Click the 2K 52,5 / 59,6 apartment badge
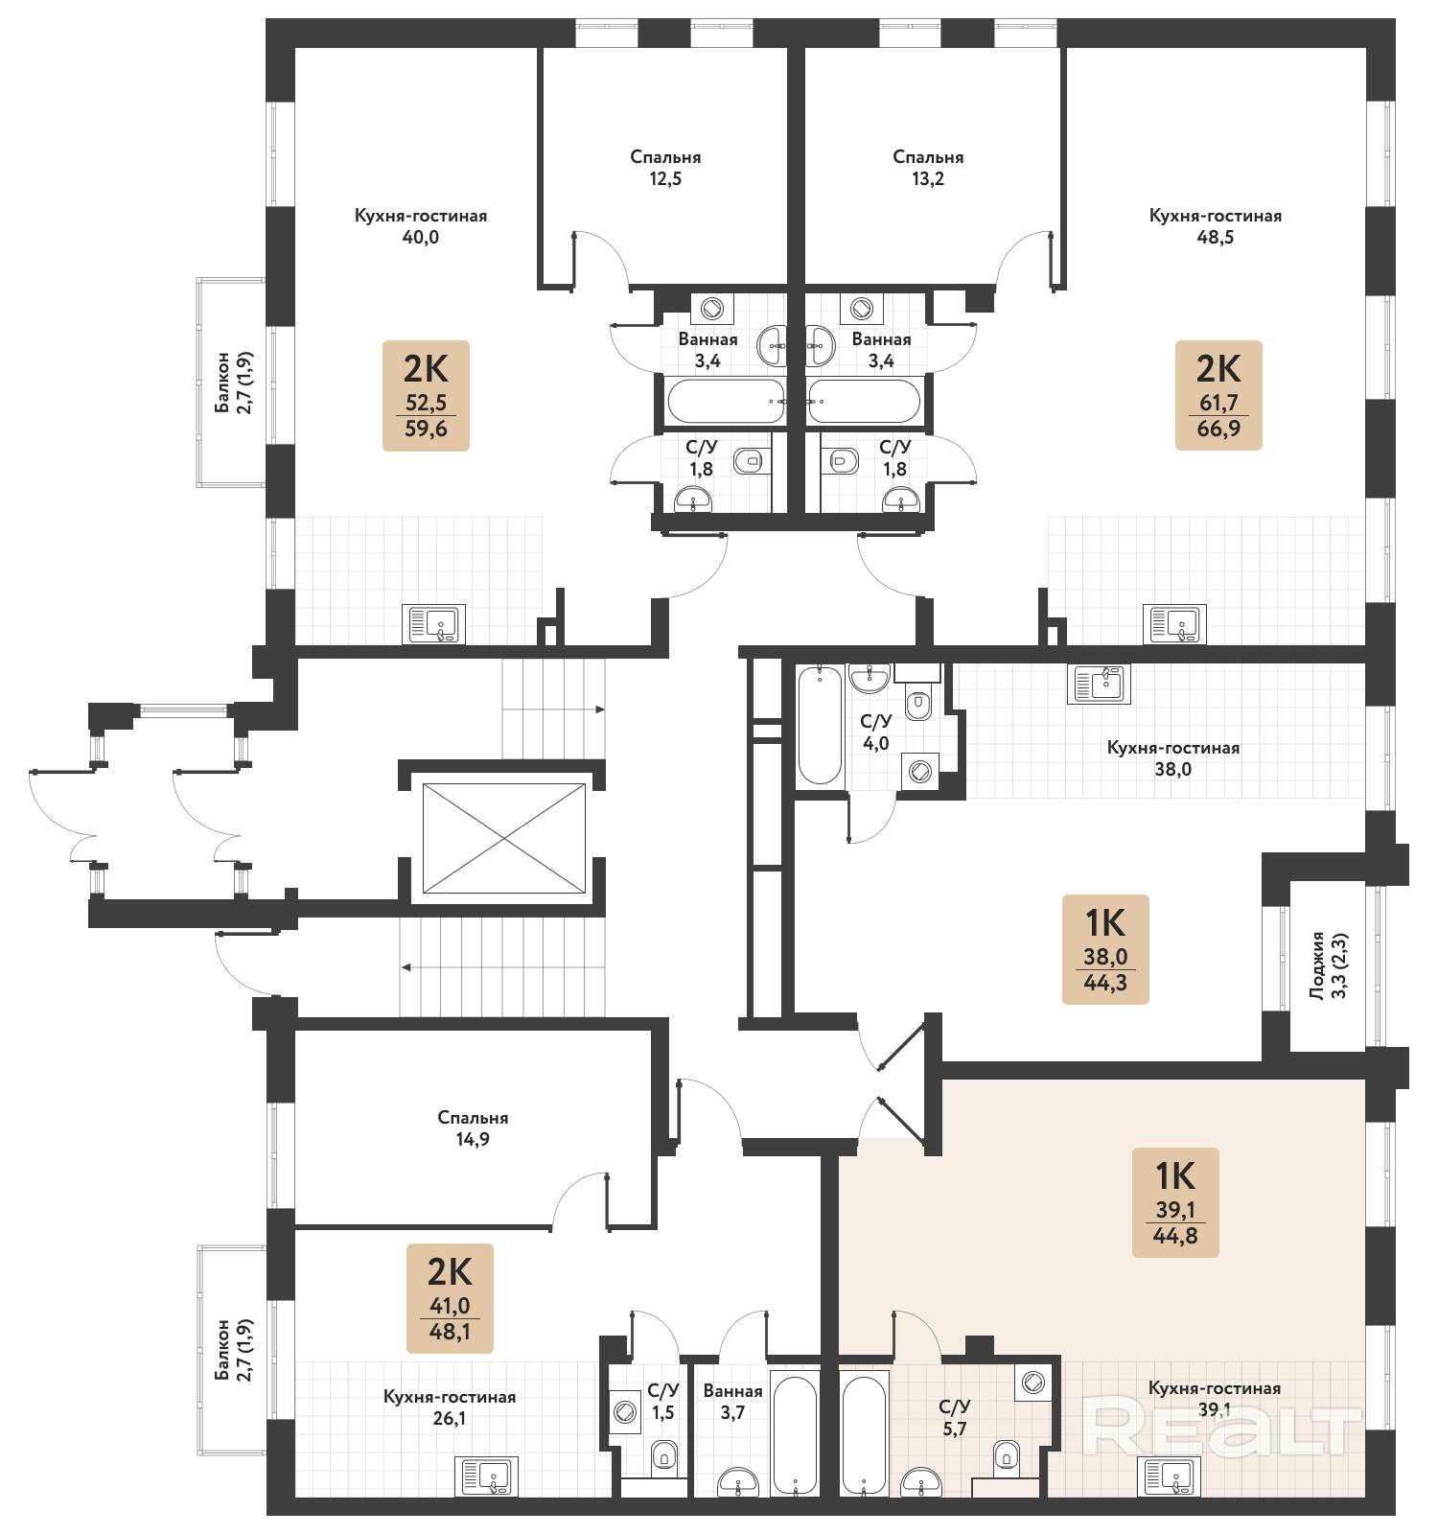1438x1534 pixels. pos(426,395)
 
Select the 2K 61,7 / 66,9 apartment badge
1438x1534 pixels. pos(1218,395)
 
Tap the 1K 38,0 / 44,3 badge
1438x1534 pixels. pos(1105,949)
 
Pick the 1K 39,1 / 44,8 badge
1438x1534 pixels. pos(1175,1202)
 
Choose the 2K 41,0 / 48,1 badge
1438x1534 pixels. pos(450,1298)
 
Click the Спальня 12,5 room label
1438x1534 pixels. pos(665,168)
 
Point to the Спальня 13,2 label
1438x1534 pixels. pos(928,168)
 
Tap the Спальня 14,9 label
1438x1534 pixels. pos(473,1128)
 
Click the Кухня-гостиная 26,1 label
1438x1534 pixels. pos(450,1407)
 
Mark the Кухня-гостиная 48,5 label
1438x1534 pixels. pos(1216,226)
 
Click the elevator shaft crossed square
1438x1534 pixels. pos(504,838)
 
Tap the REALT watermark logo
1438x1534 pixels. pos(1222,1426)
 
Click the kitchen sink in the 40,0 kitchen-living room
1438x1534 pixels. pos(434,624)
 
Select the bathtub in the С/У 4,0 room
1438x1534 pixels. pos(821,725)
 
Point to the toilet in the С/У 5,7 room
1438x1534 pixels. pos(1006,1454)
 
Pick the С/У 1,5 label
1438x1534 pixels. pos(663,1402)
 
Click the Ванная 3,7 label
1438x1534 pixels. pos(733,1402)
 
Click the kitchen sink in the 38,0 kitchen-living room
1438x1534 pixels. pos(1100,684)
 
